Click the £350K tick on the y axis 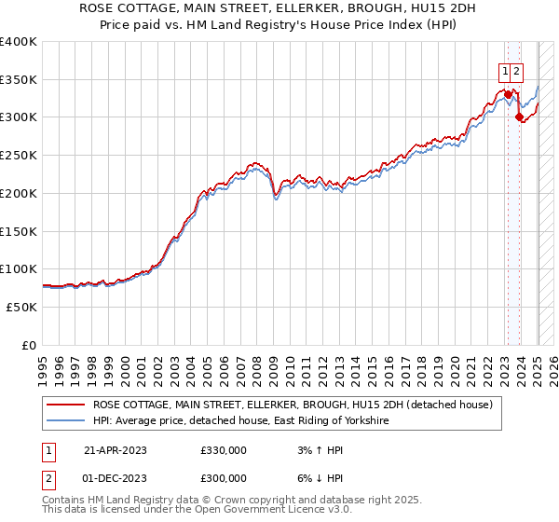19,80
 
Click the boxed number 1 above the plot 504,70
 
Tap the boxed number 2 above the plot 516,70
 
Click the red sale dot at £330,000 508,94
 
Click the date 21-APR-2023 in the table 116,450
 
